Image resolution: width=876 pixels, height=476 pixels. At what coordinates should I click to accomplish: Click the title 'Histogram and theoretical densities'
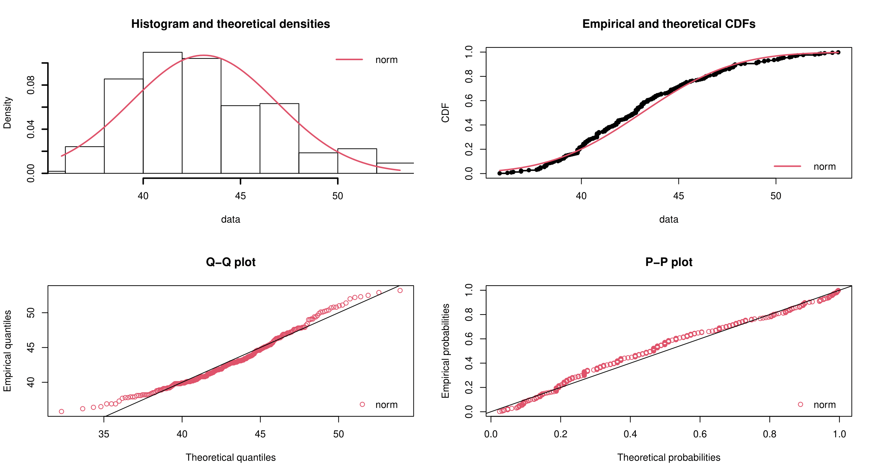click(x=230, y=24)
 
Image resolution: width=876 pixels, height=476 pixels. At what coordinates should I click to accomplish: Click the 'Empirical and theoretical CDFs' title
click(x=669, y=24)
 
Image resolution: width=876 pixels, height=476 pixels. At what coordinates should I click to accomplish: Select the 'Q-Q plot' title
click(x=230, y=262)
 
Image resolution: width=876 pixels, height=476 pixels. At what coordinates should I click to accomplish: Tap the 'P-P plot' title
click(x=669, y=262)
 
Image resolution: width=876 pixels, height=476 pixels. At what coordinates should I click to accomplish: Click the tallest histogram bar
click(x=162, y=113)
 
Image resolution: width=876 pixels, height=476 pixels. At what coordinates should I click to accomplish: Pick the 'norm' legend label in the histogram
click(x=386, y=60)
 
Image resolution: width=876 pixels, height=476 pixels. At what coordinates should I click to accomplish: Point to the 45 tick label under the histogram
click(x=240, y=196)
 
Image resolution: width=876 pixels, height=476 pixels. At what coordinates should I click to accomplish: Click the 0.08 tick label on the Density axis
click(x=31, y=85)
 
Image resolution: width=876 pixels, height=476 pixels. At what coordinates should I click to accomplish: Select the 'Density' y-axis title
click(x=7, y=113)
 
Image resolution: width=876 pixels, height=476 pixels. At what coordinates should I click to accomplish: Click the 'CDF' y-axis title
click(x=446, y=113)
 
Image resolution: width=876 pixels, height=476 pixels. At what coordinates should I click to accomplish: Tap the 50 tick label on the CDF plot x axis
click(x=776, y=196)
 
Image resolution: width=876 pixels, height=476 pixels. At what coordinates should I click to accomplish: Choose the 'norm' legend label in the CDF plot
click(x=825, y=166)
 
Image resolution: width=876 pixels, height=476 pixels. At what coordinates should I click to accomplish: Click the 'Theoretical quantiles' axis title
click(x=230, y=457)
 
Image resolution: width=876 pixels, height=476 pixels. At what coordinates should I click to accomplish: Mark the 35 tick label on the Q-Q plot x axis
click(x=104, y=434)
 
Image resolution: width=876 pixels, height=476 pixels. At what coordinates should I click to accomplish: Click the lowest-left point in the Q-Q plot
click(x=61, y=412)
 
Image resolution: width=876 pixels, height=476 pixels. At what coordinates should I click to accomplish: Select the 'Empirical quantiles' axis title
click(x=7, y=351)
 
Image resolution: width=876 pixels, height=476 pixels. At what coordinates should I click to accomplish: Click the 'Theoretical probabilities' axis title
click(x=669, y=457)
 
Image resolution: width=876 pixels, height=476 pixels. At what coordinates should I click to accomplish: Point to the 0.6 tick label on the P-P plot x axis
click(x=700, y=434)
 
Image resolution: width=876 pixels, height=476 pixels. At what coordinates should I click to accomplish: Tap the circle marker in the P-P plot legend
click(x=800, y=405)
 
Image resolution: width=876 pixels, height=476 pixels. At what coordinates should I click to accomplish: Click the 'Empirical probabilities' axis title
click(x=446, y=351)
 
